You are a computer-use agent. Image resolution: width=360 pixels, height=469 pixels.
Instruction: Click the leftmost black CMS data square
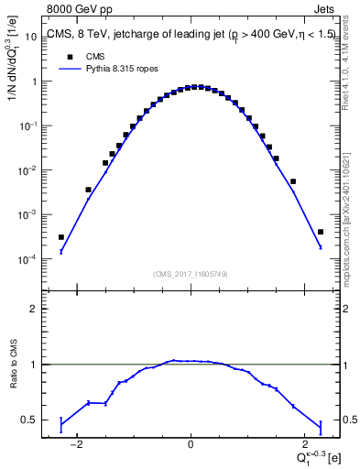[x=61, y=237]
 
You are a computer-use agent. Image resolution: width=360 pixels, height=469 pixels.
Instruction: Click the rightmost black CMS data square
[x=320, y=232]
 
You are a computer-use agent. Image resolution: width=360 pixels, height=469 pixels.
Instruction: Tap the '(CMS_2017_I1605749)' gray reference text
[x=190, y=274]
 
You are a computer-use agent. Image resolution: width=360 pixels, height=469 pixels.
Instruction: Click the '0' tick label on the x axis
[x=191, y=444]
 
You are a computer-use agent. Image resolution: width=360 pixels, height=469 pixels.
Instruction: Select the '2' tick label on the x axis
[x=302, y=444]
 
